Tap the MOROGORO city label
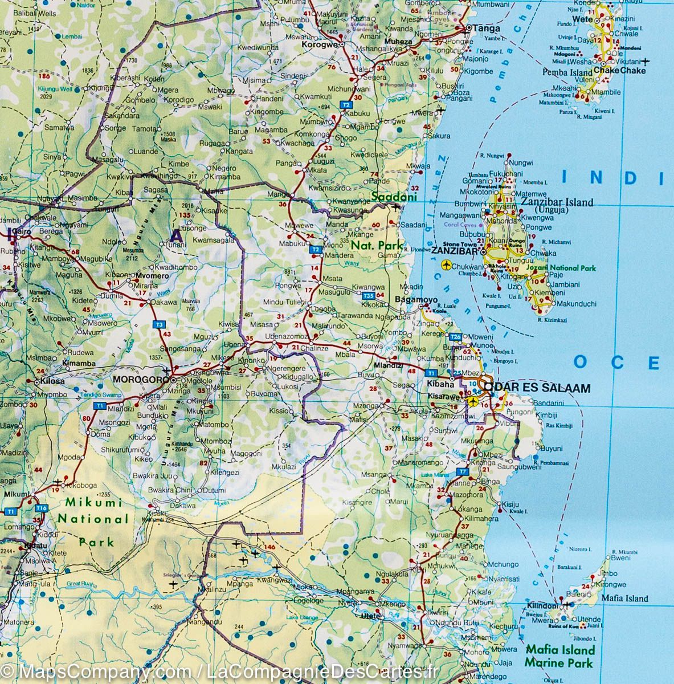140,380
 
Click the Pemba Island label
567,72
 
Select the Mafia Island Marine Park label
559,655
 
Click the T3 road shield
160,324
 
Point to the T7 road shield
462,472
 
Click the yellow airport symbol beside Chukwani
446,264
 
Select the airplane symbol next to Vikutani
646,61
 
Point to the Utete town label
370,615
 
